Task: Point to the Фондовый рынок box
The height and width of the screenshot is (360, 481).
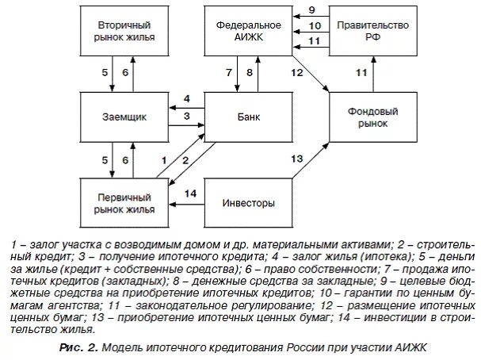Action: (x=371, y=117)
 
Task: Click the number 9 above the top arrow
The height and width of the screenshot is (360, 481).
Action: (x=311, y=9)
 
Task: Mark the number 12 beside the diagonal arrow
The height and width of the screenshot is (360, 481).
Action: (x=296, y=73)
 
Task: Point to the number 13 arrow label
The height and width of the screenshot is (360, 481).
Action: (x=296, y=159)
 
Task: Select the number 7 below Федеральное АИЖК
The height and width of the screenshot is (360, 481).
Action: (x=229, y=73)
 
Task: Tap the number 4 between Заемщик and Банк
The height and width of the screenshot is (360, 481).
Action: (x=186, y=100)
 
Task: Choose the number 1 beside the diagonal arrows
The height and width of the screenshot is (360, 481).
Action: (x=163, y=159)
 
